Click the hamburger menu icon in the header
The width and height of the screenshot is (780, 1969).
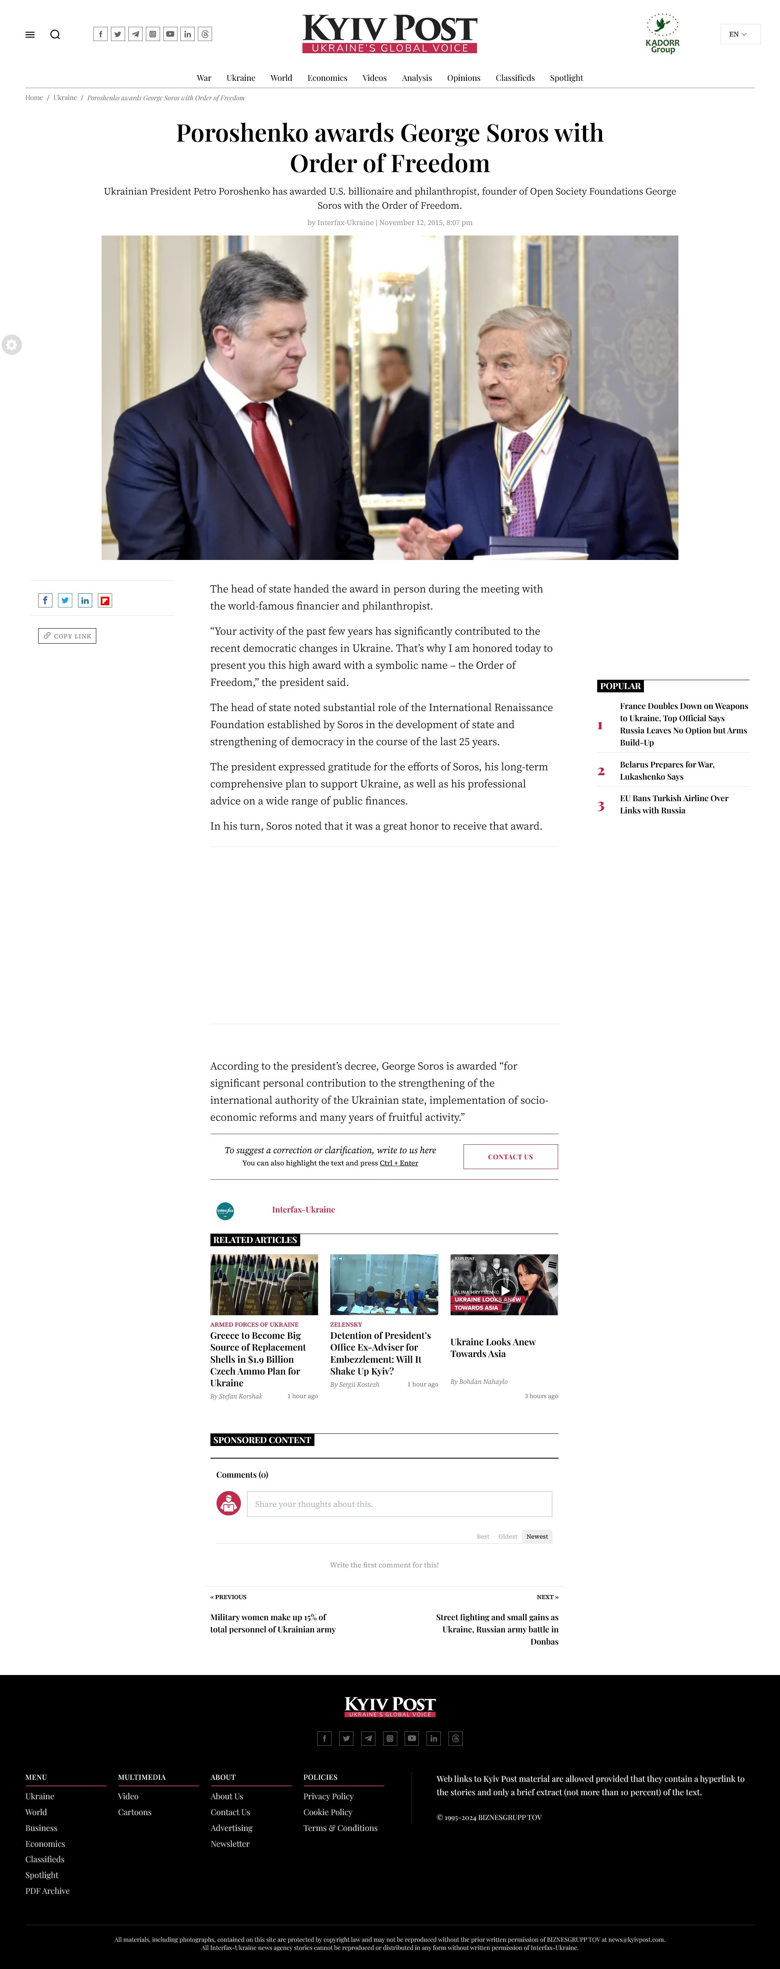pos(30,35)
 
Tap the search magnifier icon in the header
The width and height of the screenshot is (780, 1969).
pos(55,35)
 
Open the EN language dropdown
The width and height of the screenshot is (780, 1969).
pos(739,35)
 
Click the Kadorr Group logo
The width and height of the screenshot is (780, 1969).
pos(662,34)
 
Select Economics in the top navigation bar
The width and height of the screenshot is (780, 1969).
pos(327,78)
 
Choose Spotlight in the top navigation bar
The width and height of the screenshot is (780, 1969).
pos(566,78)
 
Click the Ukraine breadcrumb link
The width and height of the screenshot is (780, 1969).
pos(65,98)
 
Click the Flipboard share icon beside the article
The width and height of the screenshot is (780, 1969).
pos(105,601)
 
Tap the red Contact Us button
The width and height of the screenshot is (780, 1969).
pos(510,1156)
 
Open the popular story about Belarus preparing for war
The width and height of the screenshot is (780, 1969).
pos(667,770)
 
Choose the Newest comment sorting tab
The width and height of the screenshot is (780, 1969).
pos(537,1537)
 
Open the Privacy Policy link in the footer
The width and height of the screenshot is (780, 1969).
pos(328,1796)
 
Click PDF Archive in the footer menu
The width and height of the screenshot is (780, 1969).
pos(48,1891)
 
